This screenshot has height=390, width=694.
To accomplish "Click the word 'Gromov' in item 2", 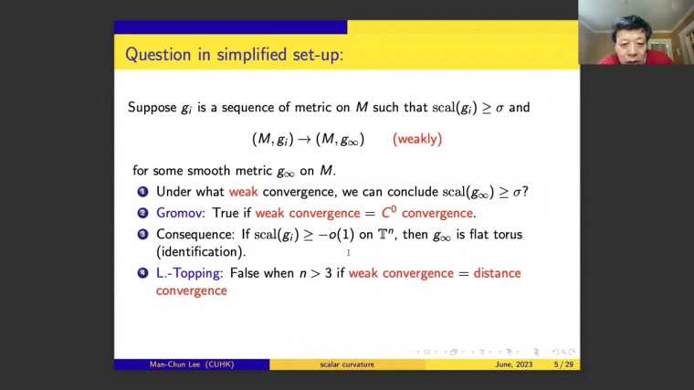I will click(181, 213).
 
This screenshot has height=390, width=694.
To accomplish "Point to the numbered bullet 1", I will click(142, 192).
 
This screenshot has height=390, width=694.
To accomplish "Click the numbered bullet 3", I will click(142, 234).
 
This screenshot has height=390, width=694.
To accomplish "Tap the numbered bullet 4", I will click(142, 273).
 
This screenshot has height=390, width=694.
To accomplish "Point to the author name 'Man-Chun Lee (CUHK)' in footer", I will click(192, 364).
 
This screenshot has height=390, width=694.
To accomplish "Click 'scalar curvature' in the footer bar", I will click(347, 364).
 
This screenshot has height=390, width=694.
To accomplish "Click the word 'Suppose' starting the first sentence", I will click(152, 108).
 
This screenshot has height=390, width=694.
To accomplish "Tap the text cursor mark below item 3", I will click(348, 253).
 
